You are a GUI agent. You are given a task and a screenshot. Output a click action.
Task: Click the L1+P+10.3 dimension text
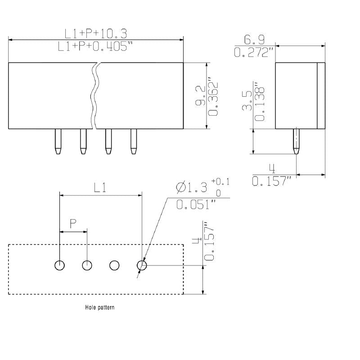(x=96, y=33)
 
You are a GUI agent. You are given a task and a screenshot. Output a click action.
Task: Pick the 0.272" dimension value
(x=254, y=52)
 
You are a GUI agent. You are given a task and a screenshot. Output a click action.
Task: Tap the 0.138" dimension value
(x=259, y=102)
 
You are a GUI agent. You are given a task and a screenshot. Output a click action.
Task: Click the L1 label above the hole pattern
(x=99, y=188)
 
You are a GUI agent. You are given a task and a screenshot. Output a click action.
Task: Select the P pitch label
(x=73, y=224)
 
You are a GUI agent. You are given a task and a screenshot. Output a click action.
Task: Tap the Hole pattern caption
(x=99, y=308)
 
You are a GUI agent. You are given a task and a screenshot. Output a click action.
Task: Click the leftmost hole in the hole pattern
(x=59, y=265)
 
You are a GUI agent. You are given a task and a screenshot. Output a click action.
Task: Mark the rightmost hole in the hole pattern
(x=142, y=265)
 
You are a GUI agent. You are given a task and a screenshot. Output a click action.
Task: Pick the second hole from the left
(x=87, y=265)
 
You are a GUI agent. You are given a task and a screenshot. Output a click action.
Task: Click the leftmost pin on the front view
(x=58, y=142)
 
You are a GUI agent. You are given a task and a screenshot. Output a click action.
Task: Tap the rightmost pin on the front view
(x=133, y=142)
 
